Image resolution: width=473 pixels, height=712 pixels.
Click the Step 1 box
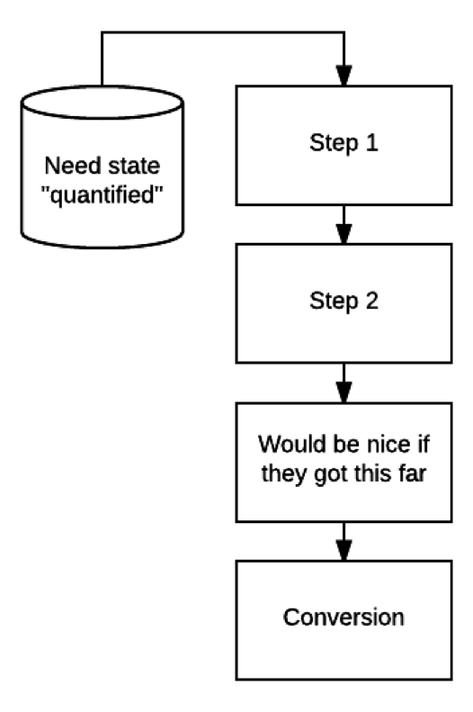pos(344,145)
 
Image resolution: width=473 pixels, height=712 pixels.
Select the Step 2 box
pos(344,303)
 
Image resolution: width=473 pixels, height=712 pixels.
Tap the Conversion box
pos(344,620)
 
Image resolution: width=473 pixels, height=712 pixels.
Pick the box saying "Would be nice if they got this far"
pos(344,463)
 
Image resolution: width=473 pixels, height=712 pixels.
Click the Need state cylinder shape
pos(102,167)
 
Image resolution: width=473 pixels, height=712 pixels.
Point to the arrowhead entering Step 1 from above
pos(344,76)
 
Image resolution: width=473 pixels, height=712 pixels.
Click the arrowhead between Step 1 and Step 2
pos(344,234)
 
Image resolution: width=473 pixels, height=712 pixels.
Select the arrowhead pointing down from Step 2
pos(344,392)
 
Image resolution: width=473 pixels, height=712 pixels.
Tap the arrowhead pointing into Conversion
pos(344,551)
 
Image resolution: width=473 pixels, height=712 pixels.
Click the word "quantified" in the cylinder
pos(102,195)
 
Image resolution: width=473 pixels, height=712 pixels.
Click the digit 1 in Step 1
pos(372,142)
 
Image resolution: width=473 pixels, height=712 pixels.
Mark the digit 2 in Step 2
pos(372,301)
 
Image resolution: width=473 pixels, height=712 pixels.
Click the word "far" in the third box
pos(412,473)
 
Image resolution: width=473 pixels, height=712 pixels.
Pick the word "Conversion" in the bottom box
pos(344,617)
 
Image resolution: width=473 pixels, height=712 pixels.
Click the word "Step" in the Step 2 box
pos(334,302)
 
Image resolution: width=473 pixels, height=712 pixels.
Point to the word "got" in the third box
pos(332,474)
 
